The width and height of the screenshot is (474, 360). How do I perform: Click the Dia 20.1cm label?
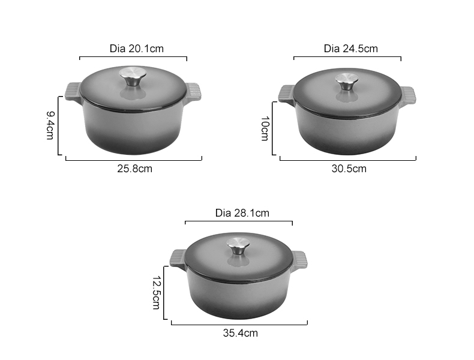[133, 48]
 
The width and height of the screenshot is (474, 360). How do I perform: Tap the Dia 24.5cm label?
[350, 49]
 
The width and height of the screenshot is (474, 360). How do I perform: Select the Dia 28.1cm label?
[242, 213]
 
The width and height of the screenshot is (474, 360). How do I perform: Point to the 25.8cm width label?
[134, 169]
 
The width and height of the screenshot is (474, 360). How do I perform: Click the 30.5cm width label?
[349, 169]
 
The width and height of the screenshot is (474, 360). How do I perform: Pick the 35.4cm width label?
[240, 333]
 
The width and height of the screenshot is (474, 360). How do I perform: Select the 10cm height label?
[265, 128]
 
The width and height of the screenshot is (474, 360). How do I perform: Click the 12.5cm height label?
[156, 292]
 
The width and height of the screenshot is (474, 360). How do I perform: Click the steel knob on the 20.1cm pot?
[134, 77]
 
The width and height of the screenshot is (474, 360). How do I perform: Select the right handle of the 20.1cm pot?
[193, 92]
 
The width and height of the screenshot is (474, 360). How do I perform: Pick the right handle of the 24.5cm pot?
[407, 95]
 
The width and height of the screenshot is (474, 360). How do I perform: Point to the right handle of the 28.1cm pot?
[299, 259]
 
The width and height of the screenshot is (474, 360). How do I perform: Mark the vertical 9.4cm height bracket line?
[59, 125]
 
